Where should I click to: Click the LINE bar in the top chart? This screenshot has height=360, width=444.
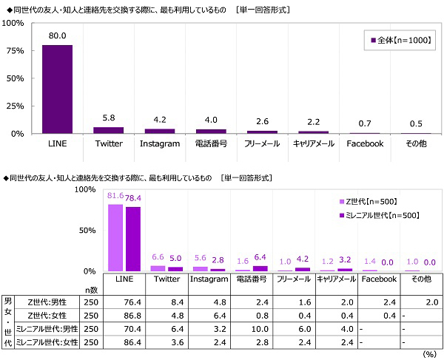click(x=57, y=89)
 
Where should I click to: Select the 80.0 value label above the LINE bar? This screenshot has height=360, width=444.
click(x=57, y=36)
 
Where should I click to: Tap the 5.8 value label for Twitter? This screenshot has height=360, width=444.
click(x=108, y=118)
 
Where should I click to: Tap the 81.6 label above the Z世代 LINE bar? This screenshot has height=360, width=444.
click(x=115, y=196)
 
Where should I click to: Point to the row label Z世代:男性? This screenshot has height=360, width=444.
click(x=46, y=302)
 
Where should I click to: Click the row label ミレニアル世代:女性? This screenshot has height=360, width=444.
click(x=46, y=342)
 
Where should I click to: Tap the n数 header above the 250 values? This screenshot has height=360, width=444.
click(x=90, y=291)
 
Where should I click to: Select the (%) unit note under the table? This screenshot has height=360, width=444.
click(x=429, y=354)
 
